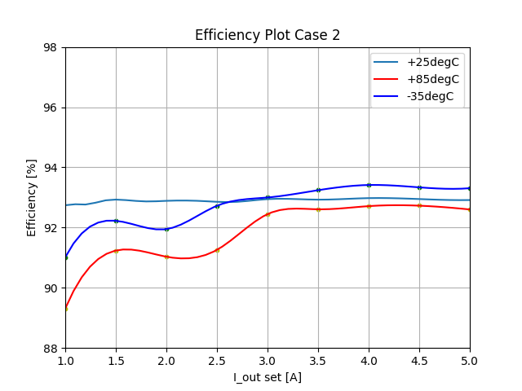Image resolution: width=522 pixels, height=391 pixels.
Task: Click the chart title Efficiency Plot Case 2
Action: tap(268, 35)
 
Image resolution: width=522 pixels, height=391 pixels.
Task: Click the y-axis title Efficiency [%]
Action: tap(33, 197)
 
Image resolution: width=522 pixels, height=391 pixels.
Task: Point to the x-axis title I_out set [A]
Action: tap(268, 377)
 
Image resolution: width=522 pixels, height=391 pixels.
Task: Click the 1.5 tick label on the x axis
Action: tap(116, 360)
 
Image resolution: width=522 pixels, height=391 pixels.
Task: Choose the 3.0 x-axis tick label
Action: tap(268, 360)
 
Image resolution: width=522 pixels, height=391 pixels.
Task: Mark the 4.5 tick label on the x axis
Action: tap(419, 360)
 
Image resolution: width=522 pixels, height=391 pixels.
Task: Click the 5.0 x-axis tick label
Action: tap(470, 360)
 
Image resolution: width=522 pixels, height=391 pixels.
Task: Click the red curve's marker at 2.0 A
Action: tap(166, 257)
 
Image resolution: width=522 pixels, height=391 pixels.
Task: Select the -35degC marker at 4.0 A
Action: tap(369, 185)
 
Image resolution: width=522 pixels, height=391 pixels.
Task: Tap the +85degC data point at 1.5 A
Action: tap(116, 251)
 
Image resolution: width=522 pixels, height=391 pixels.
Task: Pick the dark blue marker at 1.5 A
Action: tap(116, 221)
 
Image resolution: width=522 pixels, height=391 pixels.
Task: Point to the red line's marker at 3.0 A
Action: tap(268, 214)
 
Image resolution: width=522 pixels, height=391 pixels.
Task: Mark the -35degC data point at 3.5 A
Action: tap(318, 190)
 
